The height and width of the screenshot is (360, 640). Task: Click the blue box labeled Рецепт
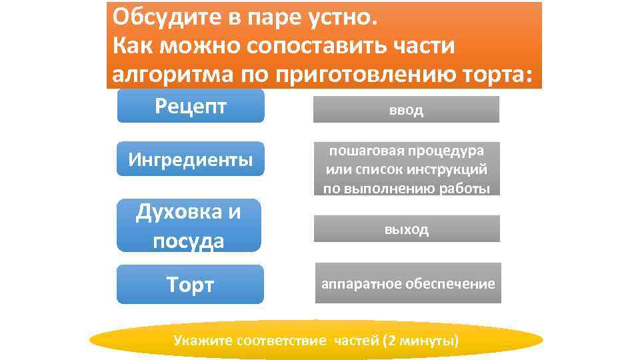pyautogui.click(x=191, y=106)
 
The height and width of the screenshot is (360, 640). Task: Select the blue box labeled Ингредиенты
pyautogui.click(x=191, y=159)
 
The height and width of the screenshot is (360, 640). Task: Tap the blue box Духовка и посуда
pyautogui.click(x=189, y=226)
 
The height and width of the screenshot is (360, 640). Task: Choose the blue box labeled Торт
pyautogui.click(x=191, y=285)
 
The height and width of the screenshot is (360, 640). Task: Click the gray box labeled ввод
pyautogui.click(x=406, y=110)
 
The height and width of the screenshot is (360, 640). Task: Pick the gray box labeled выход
pyautogui.click(x=407, y=229)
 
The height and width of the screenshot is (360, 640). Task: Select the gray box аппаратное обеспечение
pyautogui.click(x=408, y=284)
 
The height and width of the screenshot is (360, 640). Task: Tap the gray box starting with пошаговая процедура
pyautogui.click(x=407, y=169)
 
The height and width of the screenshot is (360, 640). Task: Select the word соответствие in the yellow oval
pyautogui.click(x=282, y=341)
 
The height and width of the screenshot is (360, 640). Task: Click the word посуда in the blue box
pyautogui.click(x=189, y=241)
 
